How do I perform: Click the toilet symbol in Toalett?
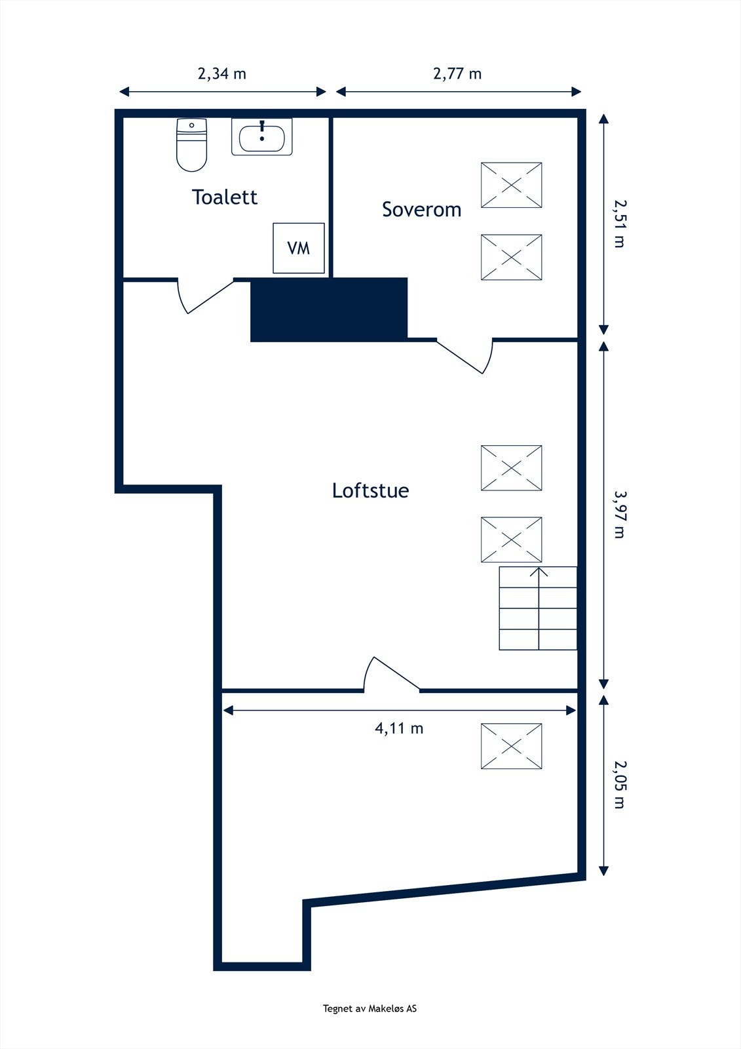191,145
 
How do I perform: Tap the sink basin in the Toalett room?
261,138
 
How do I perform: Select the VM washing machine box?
299,248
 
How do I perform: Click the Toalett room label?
224,197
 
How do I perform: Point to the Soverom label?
421,210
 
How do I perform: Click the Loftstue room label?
370,490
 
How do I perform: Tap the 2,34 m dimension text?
221,73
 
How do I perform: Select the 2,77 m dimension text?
457,73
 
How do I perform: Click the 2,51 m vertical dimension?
618,223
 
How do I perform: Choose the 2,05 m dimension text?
618,784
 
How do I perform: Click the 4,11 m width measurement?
398,728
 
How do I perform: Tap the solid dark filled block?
329,309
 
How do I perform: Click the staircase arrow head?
539,572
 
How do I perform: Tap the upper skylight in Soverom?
511,186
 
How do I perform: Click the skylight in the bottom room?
511,746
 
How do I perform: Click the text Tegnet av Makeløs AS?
370,1009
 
